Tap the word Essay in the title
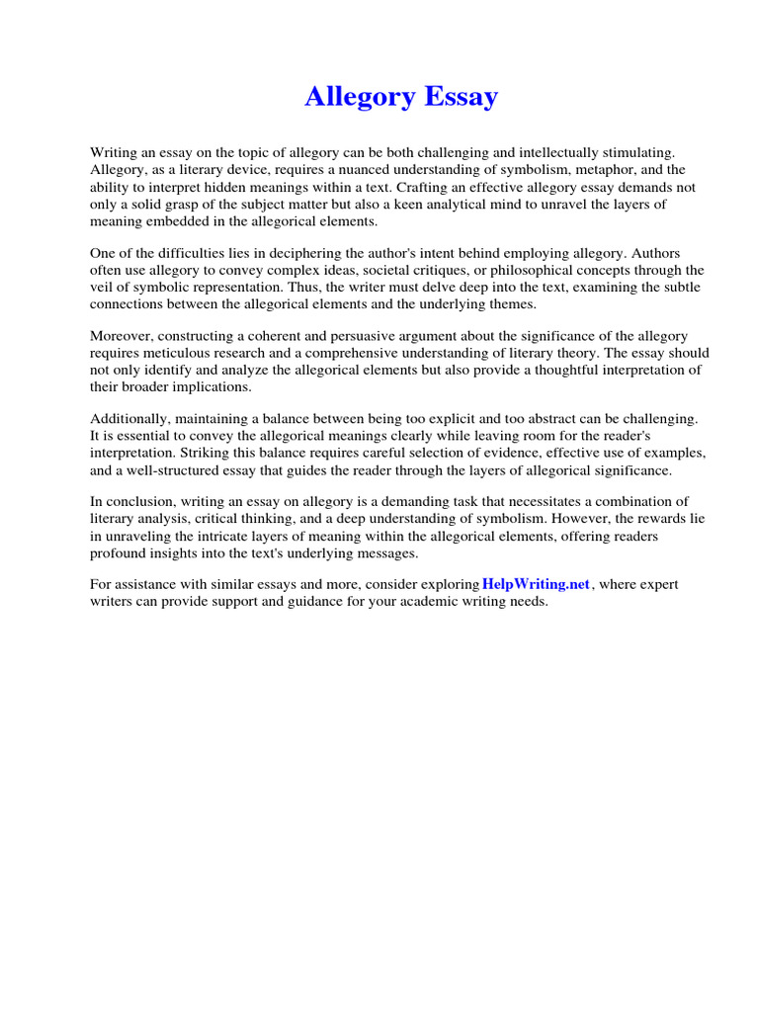(462, 97)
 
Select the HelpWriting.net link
(536, 585)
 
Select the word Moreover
(120, 337)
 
